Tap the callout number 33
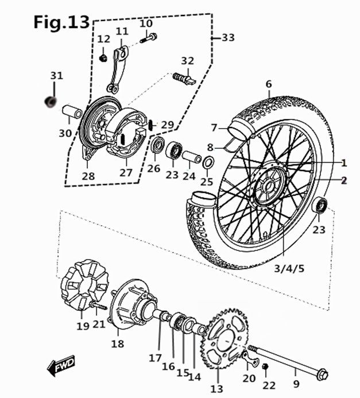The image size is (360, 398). point(228,38)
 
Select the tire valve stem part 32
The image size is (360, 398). point(184,79)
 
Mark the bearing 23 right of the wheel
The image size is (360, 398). point(320,204)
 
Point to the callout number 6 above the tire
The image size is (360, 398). point(268,84)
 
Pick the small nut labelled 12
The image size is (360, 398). point(103,57)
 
